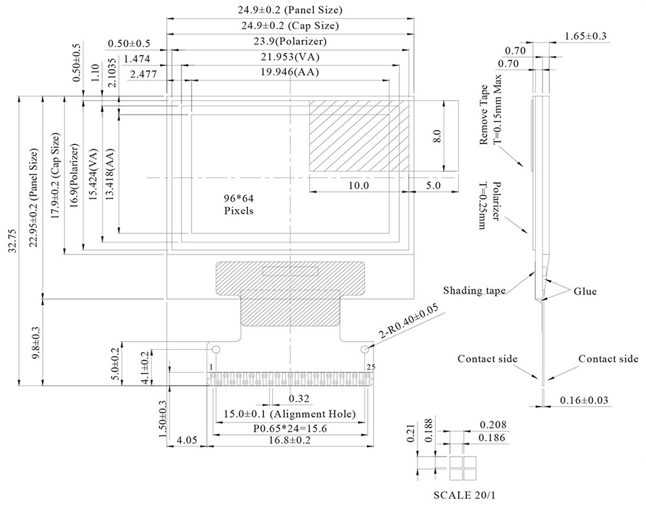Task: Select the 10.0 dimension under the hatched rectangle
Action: pyautogui.click(x=357, y=185)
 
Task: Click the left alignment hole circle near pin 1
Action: pyautogui.click(x=216, y=350)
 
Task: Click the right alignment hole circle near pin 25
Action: pyautogui.click(x=366, y=350)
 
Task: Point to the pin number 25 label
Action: pyautogui.click(x=370, y=367)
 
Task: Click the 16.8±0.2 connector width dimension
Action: pyautogui.click(x=289, y=441)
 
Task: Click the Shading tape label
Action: pyautogui.click(x=474, y=290)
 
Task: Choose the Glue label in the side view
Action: pyautogui.click(x=585, y=291)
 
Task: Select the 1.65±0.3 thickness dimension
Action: pyautogui.click(x=585, y=36)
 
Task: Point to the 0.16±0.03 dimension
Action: pyautogui.click(x=583, y=401)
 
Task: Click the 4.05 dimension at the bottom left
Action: pyautogui.click(x=186, y=441)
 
